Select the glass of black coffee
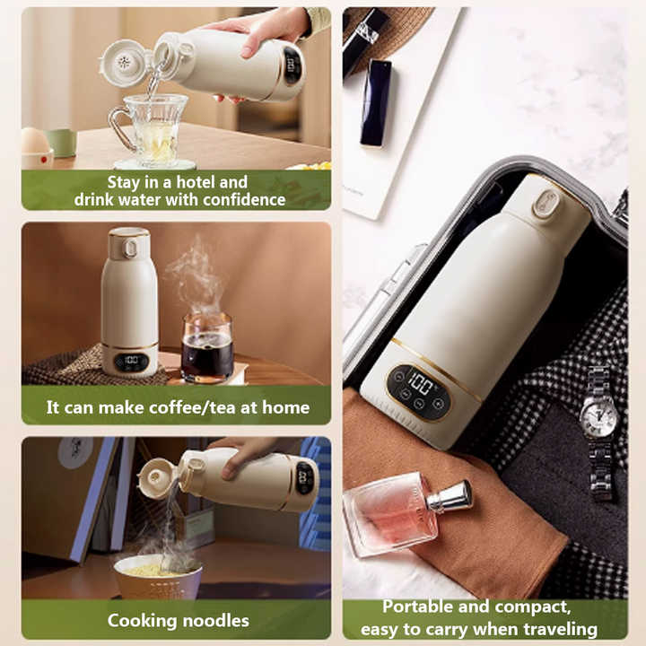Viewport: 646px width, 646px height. (206, 348)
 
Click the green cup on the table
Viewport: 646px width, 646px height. (61, 142)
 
